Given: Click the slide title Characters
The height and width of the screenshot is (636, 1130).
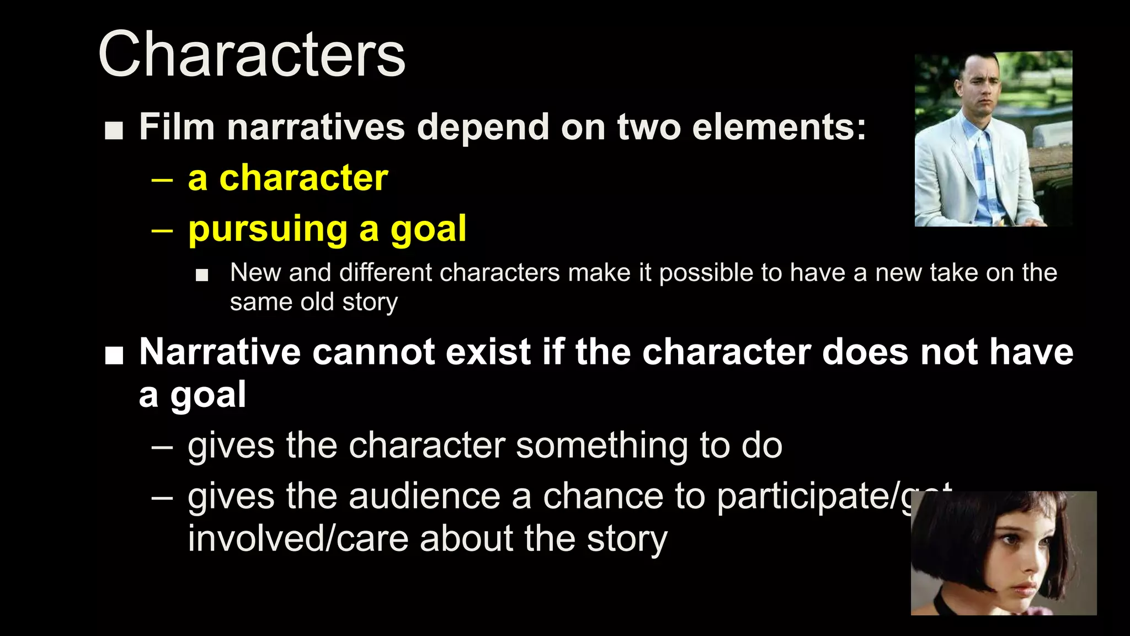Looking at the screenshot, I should pyautogui.click(x=252, y=55).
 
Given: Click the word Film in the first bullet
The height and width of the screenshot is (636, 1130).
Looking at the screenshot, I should pyautogui.click(x=177, y=127).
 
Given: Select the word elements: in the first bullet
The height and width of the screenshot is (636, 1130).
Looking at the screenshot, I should pyautogui.click(x=779, y=127).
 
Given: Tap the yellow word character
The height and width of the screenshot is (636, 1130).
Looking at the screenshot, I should pyautogui.click(x=303, y=178).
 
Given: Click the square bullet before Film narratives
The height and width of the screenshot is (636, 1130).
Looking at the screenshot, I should pyautogui.click(x=114, y=130).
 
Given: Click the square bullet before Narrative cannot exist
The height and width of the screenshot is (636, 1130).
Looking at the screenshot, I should pyautogui.click(x=114, y=356).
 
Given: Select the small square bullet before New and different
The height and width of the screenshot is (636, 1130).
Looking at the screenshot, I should pyautogui.click(x=202, y=275).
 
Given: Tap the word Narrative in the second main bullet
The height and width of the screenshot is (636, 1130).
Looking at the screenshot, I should pyautogui.click(x=220, y=352).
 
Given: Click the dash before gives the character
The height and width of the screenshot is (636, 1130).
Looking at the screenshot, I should pyautogui.click(x=162, y=446).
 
